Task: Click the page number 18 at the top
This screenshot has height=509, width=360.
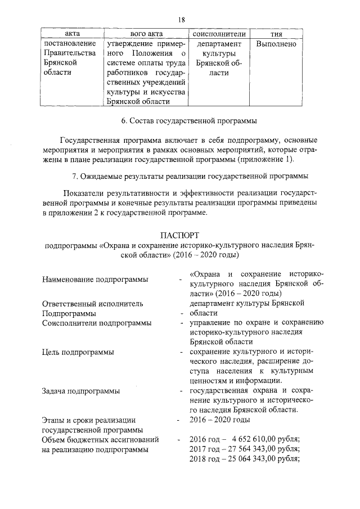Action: coord(181,20)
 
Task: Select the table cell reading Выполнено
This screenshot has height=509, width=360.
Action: coord(276,44)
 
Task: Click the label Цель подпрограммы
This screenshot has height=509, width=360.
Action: coord(78,352)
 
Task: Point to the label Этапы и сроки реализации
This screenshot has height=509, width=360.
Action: coord(89,420)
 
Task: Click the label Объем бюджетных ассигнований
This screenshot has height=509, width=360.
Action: coord(100,439)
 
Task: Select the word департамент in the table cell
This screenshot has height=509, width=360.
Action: coord(219,44)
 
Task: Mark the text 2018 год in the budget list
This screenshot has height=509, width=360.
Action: coord(206,458)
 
